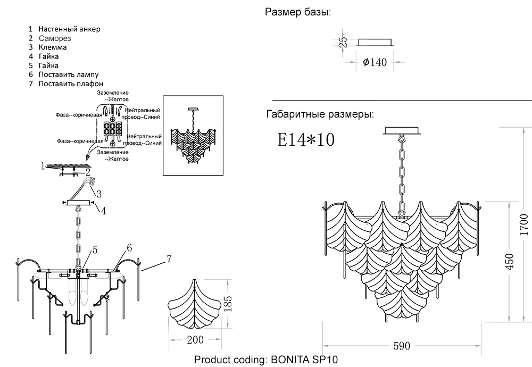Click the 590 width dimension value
pyautogui.click(x=402, y=346)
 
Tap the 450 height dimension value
pyautogui.click(x=510, y=262)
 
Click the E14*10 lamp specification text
pyautogui.click(x=306, y=139)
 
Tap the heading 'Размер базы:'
pyautogui.click(x=297, y=12)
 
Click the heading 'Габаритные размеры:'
pyautogui.click(x=319, y=114)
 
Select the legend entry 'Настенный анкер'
pyautogui.click(x=69, y=29)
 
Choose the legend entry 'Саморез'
pyautogui.click(x=55, y=38)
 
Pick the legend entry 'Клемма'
pyautogui.click(x=53, y=47)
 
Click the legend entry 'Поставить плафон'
pyautogui.click(x=71, y=84)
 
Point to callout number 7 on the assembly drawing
pyautogui.click(x=169, y=259)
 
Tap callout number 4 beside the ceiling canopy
pyautogui.click(x=104, y=211)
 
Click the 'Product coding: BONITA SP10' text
pyautogui.click(x=266, y=360)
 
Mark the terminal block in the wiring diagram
pyautogui.click(x=113, y=129)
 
